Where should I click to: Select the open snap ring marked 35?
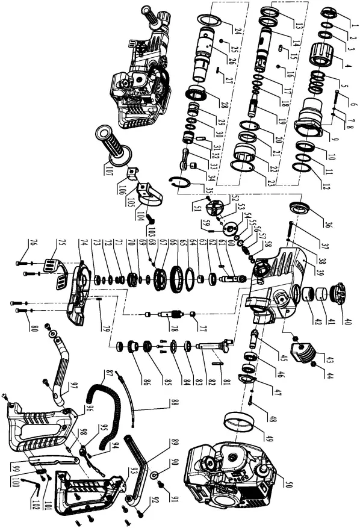click(184, 182)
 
